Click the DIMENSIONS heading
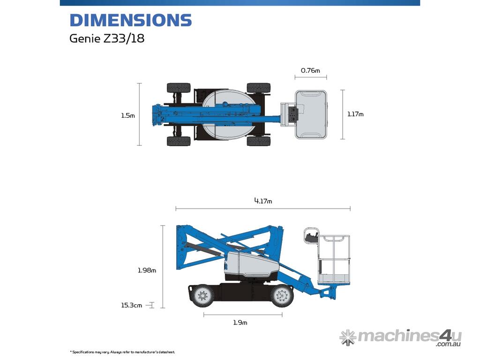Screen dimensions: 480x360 [131, 20]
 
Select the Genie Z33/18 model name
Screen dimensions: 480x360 [107, 38]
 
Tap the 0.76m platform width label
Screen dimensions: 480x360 [310, 70]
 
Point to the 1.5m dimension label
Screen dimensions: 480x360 [127, 115]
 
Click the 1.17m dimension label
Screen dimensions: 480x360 [355, 114]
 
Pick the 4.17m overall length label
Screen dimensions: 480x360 [263, 201]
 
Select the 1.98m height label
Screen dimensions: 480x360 [147, 270]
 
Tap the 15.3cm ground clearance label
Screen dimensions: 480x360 [131, 305]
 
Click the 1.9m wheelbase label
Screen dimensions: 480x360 [240, 322]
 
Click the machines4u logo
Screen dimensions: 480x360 [400, 337]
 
